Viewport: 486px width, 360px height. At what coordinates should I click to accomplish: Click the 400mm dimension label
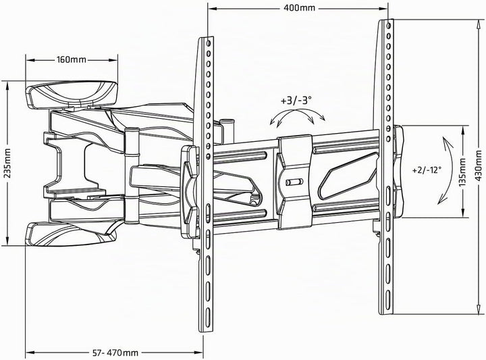pyautogui.click(x=299, y=7)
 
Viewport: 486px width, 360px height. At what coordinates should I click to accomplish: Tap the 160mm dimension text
pyautogui.click(x=72, y=59)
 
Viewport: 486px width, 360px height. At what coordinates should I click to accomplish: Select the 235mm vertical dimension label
pyautogui.click(x=7, y=163)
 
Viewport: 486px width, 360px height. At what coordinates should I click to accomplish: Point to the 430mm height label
pyautogui.click(x=479, y=166)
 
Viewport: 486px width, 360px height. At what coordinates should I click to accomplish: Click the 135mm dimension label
pyautogui.click(x=462, y=172)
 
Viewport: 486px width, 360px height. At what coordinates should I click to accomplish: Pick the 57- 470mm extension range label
pyautogui.click(x=115, y=353)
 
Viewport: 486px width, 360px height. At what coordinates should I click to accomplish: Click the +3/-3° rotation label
pyautogui.click(x=296, y=101)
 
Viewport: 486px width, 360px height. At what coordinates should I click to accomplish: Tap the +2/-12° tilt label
pyautogui.click(x=427, y=170)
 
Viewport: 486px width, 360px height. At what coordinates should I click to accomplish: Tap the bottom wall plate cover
pyautogui.click(x=71, y=234)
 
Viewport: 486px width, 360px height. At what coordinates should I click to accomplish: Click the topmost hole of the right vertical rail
pyautogui.click(x=389, y=25)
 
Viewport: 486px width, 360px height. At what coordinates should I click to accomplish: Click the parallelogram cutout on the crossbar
pyautogui.click(x=348, y=176)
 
